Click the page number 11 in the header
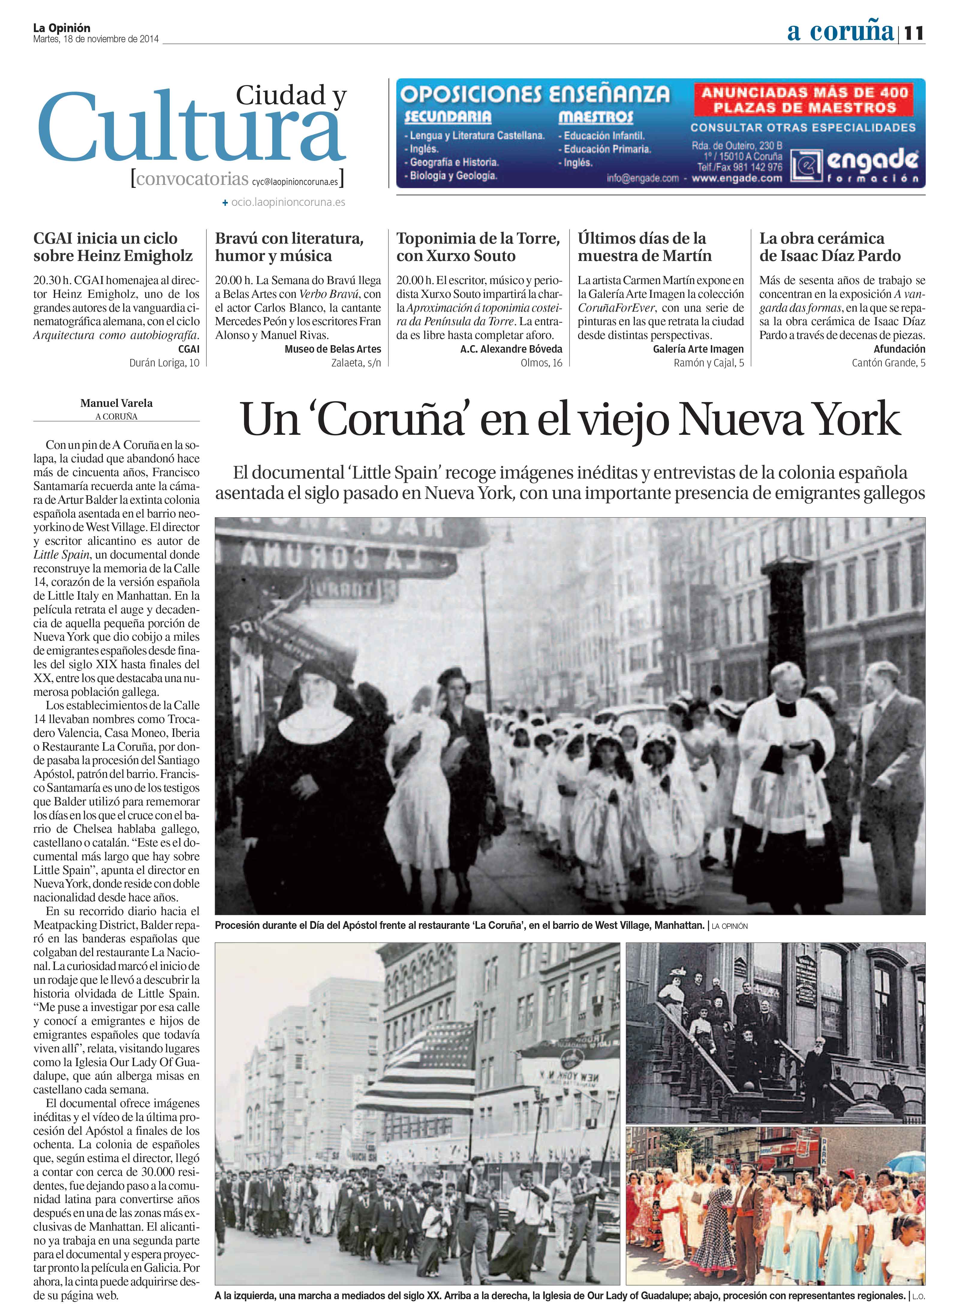pos(914,33)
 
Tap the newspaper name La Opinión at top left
pos(61,27)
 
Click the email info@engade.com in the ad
pos(642,178)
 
